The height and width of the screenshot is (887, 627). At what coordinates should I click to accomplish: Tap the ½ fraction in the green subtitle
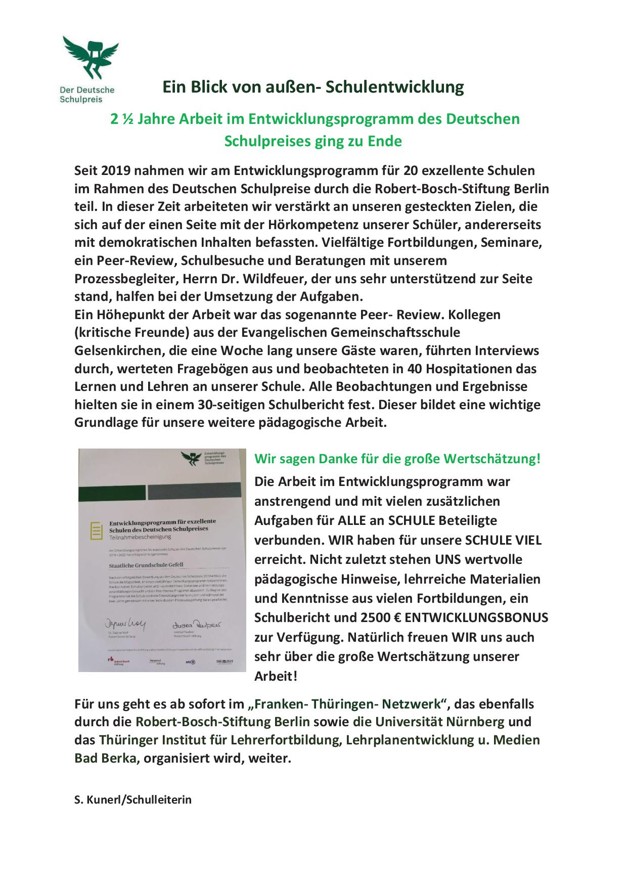[x=128, y=119]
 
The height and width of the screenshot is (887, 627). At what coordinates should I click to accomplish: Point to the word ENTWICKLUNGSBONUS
[x=476, y=617]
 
